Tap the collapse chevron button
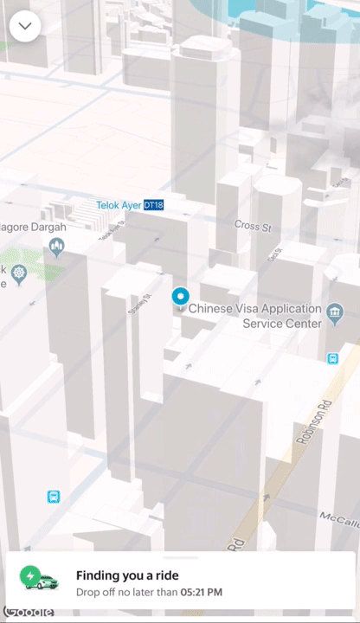[x=25, y=26]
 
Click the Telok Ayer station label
[x=119, y=205]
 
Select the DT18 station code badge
[x=153, y=205]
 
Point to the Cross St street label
[x=253, y=226]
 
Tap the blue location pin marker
[x=180, y=299]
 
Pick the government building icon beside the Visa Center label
[x=336, y=310]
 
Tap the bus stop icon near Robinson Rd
[x=332, y=358]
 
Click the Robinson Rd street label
[x=313, y=422]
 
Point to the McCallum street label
[x=339, y=517]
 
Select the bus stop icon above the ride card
[x=54, y=497]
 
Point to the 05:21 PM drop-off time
[x=201, y=592]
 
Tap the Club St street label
[x=275, y=255]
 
